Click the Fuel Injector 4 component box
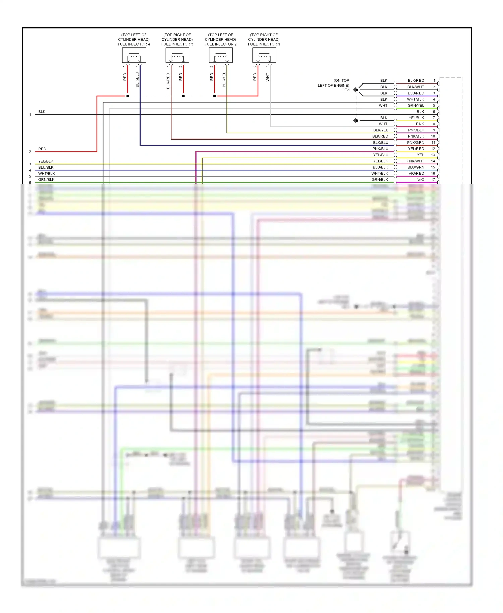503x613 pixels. (x=134, y=55)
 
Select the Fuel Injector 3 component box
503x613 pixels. (x=177, y=55)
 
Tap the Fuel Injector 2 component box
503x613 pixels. (x=221, y=55)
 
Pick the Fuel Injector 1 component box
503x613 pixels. (x=264, y=55)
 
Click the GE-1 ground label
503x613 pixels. (x=345, y=90)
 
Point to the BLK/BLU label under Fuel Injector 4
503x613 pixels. (x=137, y=79)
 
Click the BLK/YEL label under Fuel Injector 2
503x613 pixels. (x=224, y=80)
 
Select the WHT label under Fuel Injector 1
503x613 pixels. (x=267, y=77)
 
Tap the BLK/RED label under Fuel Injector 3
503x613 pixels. (x=168, y=81)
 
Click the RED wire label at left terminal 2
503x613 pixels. (x=42, y=149)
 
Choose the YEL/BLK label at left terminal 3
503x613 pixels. (x=46, y=161)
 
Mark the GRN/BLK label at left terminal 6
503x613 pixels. (x=46, y=180)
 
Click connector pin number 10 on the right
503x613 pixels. (x=433, y=136)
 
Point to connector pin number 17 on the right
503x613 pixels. (x=433, y=180)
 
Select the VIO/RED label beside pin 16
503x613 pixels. (x=416, y=174)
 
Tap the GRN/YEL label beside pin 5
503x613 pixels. (x=416, y=106)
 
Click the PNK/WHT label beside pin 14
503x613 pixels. (x=415, y=161)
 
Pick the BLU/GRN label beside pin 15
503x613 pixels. (x=416, y=167)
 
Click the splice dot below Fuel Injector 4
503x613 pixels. (x=128, y=96)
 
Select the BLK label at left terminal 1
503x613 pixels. (x=42, y=112)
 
